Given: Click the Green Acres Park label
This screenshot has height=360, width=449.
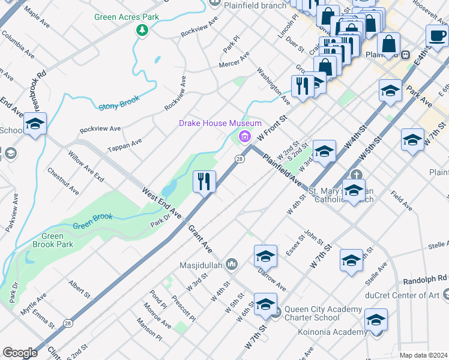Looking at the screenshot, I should (x=127, y=17).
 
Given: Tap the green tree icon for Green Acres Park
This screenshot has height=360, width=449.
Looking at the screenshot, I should (x=142, y=30).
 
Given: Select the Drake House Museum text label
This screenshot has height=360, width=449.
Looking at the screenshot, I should (x=220, y=123).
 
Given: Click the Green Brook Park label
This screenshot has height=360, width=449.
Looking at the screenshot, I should (x=52, y=240).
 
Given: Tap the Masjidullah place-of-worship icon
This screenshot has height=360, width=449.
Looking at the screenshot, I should (x=232, y=265).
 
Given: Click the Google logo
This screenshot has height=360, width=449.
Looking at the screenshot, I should (x=20, y=352).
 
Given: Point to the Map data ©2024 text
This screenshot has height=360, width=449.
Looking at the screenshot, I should (x=423, y=355).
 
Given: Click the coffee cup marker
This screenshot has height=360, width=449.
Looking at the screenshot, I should (x=436, y=34).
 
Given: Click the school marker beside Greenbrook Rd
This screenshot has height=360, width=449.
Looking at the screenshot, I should (x=35, y=125).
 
